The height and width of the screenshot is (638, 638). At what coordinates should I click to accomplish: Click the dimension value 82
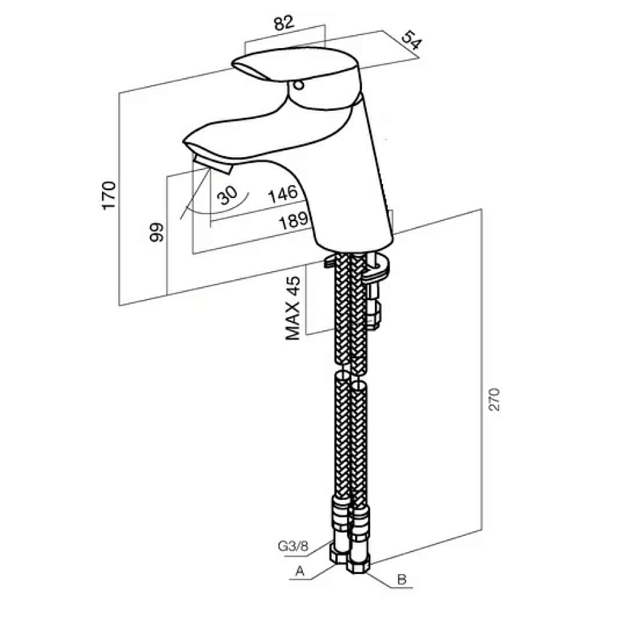tap(284, 23)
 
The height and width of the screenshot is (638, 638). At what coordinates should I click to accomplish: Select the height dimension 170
tap(109, 195)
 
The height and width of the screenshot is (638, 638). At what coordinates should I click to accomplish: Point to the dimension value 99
tap(156, 232)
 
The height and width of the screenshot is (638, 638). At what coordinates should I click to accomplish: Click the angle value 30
tap(226, 195)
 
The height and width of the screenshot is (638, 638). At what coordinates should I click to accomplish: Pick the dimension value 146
tap(283, 194)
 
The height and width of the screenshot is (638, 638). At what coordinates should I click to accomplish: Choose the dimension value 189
tap(293, 221)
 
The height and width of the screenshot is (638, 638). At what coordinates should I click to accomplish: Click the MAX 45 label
tap(293, 308)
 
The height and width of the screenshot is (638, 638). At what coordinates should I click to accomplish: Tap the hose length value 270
tap(494, 400)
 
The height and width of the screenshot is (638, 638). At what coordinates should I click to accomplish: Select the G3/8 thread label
tap(293, 545)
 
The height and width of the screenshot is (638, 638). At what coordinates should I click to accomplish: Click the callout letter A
tap(300, 571)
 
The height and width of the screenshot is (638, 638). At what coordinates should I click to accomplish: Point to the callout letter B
tap(402, 580)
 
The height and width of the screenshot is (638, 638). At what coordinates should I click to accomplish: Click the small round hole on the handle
tap(298, 85)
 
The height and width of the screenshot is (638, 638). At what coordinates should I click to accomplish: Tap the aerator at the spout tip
tap(212, 163)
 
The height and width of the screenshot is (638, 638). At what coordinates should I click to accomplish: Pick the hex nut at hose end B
tap(358, 565)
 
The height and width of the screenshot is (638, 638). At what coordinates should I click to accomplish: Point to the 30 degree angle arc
tap(220, 210)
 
